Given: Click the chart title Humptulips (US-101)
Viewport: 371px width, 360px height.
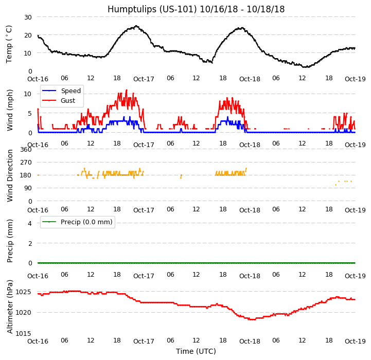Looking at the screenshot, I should point(196,9).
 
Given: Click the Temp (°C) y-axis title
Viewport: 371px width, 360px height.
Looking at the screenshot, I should point(10,44).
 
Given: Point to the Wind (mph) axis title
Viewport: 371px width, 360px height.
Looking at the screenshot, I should point(10,110).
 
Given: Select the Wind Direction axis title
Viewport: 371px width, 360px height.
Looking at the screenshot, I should point(10,175).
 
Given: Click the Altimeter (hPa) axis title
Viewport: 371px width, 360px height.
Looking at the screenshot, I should point(10,306).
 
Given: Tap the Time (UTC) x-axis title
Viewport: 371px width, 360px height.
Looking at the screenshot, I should point(196,351).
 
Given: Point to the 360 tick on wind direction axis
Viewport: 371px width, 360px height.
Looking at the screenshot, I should point(26,150).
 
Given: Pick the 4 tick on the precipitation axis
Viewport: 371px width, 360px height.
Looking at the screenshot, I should point(30,223).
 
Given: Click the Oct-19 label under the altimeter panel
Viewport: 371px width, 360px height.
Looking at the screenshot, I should point(355,341).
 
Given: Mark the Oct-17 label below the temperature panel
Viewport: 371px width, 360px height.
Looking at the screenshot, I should point(144,79).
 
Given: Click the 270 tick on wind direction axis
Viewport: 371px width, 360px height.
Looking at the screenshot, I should point(26,163).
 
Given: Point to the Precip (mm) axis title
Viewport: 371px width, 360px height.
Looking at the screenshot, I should point(10,241).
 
